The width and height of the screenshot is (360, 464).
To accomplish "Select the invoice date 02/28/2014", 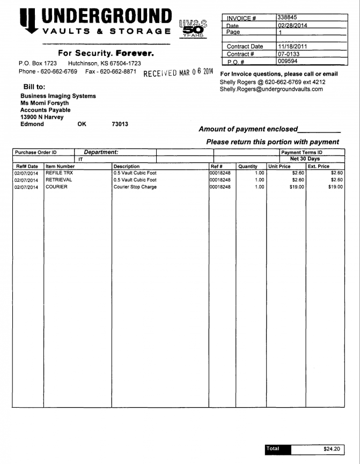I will pyautogui.click(x=292, y=25).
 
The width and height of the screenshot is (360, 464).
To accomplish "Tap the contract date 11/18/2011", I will pyautogui.click(x=292, y=47).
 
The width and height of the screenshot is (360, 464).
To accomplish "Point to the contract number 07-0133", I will pyautogui.click(x=288, y=54).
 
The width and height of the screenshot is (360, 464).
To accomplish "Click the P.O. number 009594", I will pyautogui.click(x=287, y=61).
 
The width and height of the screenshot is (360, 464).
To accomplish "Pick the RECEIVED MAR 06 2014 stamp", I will pyautogui.click(x=178, y=73).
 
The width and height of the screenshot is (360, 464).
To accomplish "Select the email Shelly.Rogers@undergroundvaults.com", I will pyautogui.click(x=271, y=89).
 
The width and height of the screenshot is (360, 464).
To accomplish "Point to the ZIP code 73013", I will pyautogui.click(x=120, y=124).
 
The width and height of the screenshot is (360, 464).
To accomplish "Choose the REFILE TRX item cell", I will pyautogui.click(x=59, y=173).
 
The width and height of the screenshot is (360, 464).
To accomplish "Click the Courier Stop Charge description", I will pyautogui.click(x=135, y=187).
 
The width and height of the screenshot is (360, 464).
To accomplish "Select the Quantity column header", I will pyautogui.click(x=248, y=166).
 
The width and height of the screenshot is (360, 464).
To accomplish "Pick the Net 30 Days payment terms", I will pyautogui.click(x=305, y=159).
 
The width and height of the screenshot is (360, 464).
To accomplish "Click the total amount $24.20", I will pyautogui.click(x=332, y=448).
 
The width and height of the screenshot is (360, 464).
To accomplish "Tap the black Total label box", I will pyautogui.click(x=278, y=448).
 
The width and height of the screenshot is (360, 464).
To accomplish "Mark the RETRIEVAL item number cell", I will pyautogui.click(x=58, y=180).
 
